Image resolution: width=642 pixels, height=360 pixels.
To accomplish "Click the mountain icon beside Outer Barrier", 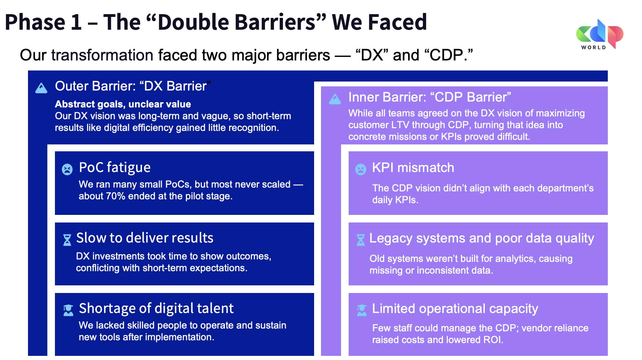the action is click(41, 88).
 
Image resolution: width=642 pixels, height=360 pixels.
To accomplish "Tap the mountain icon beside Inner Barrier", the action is click(335, 99).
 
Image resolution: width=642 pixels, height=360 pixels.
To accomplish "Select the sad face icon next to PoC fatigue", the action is click(67, 169).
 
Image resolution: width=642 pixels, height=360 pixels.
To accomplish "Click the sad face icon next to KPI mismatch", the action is click(361, 169).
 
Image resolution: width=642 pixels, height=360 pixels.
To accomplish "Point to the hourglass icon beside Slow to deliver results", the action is click(67, 240).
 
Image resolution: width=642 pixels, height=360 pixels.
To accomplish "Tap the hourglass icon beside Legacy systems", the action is click(361, 240).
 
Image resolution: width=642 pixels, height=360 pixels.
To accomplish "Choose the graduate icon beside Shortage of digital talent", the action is click(68, 310).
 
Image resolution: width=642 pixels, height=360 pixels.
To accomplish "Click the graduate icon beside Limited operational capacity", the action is click(362, 310).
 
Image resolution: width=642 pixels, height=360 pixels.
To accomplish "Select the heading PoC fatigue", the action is click(115, 168).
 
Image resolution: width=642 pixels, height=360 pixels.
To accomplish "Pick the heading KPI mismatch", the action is click(413, 168).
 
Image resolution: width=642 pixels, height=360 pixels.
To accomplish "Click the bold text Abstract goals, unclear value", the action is click(123, 104).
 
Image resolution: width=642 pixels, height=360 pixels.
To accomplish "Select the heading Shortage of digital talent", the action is click(156, 309).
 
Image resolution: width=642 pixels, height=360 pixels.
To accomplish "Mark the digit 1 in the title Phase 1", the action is click(76, 22).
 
